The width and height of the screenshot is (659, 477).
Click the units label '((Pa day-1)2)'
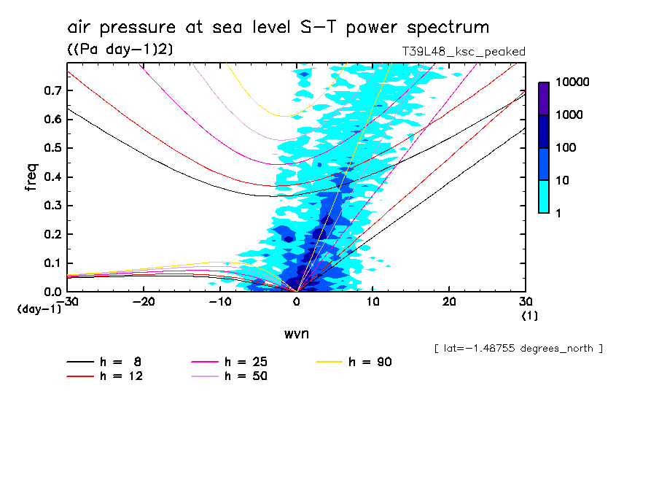tap(120, 49)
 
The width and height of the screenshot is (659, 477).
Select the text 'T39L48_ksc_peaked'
tap(464, 51)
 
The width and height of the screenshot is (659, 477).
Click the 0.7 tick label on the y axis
tap(51, 90)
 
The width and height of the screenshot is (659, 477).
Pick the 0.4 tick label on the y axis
tap(51, 177)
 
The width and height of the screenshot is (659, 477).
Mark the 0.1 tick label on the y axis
tap(51, 263)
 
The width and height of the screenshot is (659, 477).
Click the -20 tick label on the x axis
tap(144, 302)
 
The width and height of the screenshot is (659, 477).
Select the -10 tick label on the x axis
tap(220, 302)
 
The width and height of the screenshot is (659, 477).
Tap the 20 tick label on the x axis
tap(449, 302)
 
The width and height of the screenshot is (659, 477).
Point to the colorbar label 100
tap(567, 148)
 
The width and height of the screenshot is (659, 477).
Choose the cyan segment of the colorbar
tap(544, 196)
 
